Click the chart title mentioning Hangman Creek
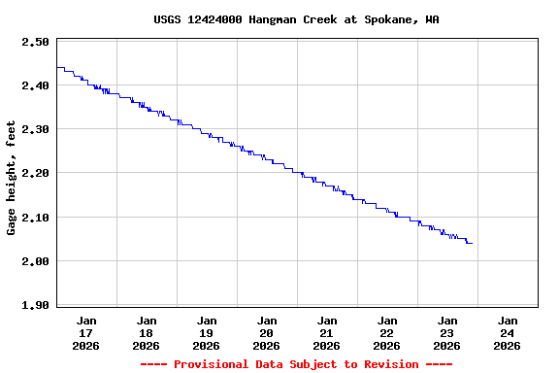(x=296, y=19)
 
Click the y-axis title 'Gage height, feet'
(x=12, y=178)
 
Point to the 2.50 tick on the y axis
(x=35, y=42)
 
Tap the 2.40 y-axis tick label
(x=35, y=85)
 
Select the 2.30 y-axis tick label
(x=35, y=129)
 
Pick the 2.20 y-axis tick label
(x=35, y=173)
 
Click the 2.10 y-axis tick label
(x=35, y=217)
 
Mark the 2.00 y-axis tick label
(x=35, y=261)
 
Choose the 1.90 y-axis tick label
(x=35, y=305)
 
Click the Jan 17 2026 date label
(x=86, y=332)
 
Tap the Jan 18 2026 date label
(x=147, y=332)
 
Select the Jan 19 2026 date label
(x=207, y=332)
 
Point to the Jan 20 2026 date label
(x=267, y=332)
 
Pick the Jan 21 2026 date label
(x=327, y=332)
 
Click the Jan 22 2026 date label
(x=387, y=332)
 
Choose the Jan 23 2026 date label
(x=447, y=332)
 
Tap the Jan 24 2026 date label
(x=508, y=332)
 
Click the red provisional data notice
(x=296, y=364)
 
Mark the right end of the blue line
(x=473, y=243)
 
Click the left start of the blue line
(x=57, y=68)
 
